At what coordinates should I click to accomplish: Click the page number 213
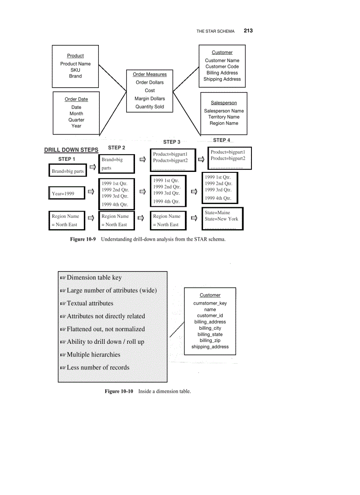coord(248,31)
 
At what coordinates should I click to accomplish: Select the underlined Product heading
coord(75,56)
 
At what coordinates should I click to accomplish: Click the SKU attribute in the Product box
coord(75,70)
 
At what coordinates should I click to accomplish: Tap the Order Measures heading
coord(150,74)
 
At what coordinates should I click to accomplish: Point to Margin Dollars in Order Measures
coord(150,99)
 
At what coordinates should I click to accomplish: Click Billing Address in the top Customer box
coord(222,73)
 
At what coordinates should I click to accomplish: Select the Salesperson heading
coord(224,103)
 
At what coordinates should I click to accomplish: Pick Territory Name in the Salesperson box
coord(224,117)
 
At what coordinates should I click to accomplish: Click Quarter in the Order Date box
coord(76,120)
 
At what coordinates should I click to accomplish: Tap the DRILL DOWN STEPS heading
coord(71,150)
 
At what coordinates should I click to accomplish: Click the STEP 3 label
coord(172,142)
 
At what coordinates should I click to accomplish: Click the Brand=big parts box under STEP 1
coord(67,171)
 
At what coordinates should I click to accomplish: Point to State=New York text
coord(221,219)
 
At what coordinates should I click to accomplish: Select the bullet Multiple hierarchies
coord(93,355)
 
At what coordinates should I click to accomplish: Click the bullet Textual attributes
coord(90,304)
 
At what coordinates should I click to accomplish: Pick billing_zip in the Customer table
coord(210,341)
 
